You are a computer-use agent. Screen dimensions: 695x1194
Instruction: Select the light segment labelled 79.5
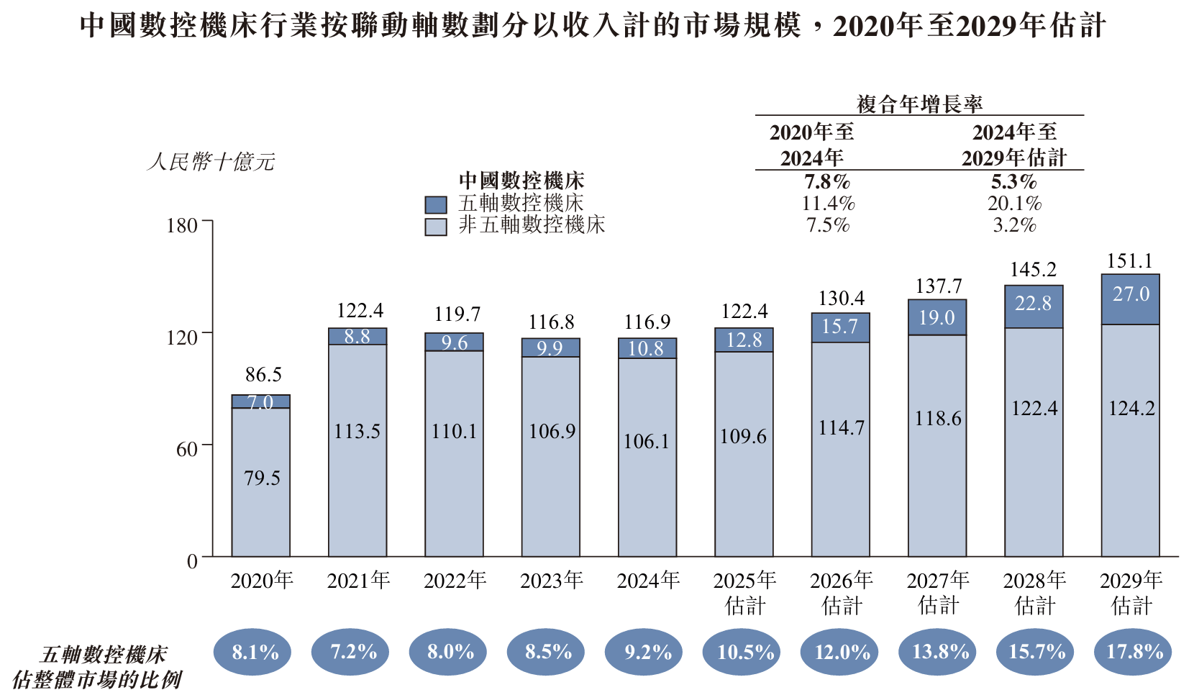click(x=261, y=478)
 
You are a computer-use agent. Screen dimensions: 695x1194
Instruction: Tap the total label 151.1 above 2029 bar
click(x=1130, y=261)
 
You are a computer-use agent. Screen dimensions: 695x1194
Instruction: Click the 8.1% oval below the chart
click(x=252, y=652)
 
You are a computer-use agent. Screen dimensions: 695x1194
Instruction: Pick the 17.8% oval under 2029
click(x=1134, y=652)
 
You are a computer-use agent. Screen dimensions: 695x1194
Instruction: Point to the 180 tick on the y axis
click(x=181, y=226)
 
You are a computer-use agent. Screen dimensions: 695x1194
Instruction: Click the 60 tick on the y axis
click(x=186, y=450)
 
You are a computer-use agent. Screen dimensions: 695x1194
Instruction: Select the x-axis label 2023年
click(x=552, y=580)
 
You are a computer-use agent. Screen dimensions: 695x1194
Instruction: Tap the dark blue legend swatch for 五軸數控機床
click(x=436, y=204)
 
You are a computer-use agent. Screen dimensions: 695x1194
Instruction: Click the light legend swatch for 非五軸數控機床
click(x=436, y=227)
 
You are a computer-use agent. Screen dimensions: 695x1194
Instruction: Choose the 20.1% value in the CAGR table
click(x=1014, y=204)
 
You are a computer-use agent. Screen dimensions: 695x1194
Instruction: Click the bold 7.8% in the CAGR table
click(x=827, y=181)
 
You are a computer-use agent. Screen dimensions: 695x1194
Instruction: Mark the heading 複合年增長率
click(x=919, y=104)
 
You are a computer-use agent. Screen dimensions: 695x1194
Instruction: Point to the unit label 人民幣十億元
click(x=211, y=161)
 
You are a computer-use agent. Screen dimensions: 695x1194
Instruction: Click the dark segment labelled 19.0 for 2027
click(x=936, y=317)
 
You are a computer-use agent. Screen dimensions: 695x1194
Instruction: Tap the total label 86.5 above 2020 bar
click(x=263, y=375)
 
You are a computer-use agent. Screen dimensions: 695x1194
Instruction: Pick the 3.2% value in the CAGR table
click(x=1014, y=225)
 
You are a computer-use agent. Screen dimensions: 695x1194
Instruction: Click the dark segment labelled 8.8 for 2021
click(x=357, y=336)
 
